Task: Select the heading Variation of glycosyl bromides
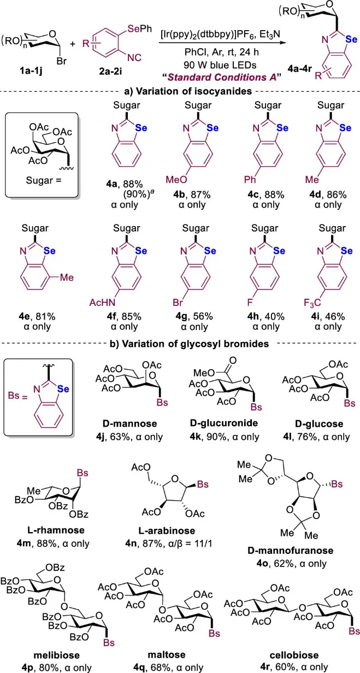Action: point(179,346)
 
